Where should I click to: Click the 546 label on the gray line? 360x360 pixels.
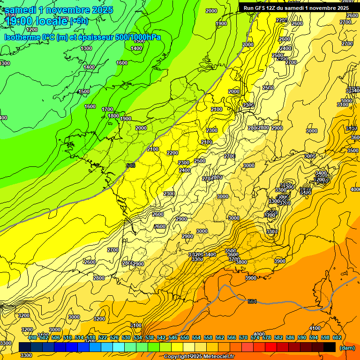click(131, 165)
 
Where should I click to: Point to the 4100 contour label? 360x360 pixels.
click(315, 328)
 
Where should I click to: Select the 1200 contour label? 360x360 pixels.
click(32, 30)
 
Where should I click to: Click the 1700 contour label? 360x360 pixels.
click(107, 109)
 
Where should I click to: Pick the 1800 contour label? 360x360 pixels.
click(113, 116)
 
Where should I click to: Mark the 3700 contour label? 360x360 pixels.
click(234, 259)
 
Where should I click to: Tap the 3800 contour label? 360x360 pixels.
click(241, 262)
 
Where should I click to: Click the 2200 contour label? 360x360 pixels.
click(172, 153)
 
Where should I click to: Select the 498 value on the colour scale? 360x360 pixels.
click(32, 337)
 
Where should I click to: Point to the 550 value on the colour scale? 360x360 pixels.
click(184, 337)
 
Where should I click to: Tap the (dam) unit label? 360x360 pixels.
click(347, 348)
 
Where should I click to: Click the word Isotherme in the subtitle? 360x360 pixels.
click(22, 37)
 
